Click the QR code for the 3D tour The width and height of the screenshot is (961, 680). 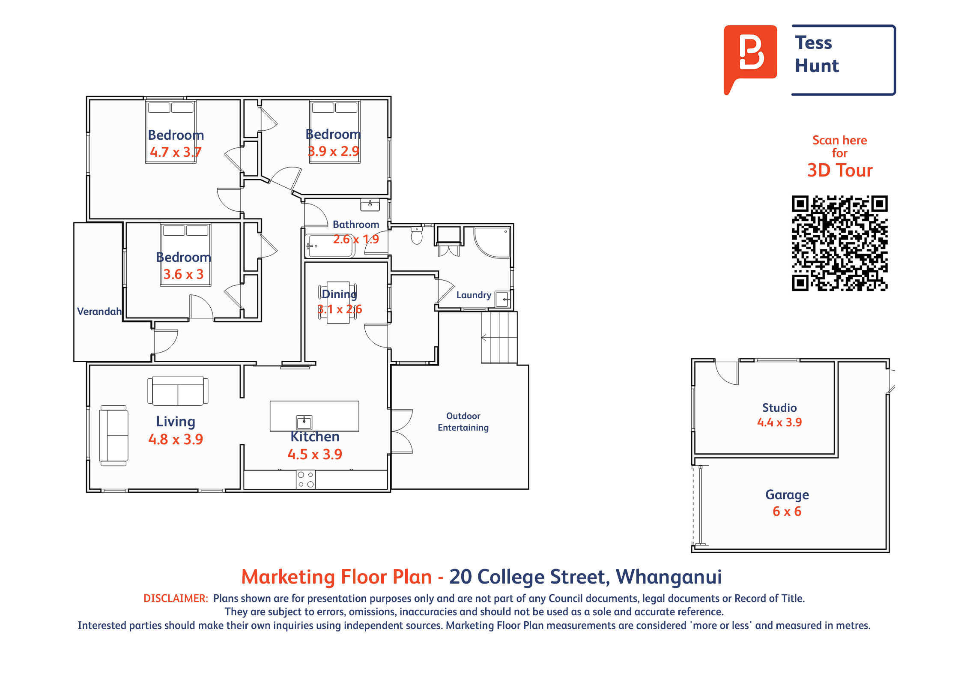(x=839, y=243)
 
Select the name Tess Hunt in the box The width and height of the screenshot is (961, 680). (x=817, y=54)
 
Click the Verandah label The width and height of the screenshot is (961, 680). (x=99, y=312)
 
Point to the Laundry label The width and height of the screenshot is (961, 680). (x=474, y=295)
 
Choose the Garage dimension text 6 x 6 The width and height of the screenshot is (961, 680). (x=787, y=511)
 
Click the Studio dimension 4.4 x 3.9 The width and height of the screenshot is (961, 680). (x=779, y=422)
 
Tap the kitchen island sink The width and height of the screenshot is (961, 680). (x=304, y=422)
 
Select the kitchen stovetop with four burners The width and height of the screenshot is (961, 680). (x=306, y=479)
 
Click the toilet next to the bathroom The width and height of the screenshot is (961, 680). (x=417, y=235)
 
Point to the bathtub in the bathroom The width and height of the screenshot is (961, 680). (x=330, y=246)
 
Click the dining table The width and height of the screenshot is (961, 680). (x=338, y=302)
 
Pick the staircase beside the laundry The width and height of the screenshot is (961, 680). (x=499, y=338)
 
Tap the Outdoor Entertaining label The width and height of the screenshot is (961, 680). (x=463, y=422)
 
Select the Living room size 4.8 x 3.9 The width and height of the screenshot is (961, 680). (x=176, y=439)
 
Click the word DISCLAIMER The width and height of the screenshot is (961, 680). (x=176, y=599)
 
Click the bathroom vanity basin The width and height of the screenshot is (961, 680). (x=370, y=205)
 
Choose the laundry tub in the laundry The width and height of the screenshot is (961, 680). (x=503, y=299)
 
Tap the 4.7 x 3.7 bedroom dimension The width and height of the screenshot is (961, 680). (x=176, y=152)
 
